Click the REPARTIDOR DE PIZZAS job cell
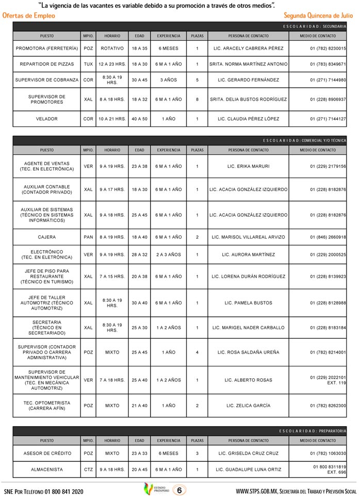47,65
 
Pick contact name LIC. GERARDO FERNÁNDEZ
248,81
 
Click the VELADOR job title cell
47,119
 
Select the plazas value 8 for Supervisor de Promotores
197,99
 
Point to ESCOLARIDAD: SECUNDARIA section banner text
315,26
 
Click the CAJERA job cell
47,237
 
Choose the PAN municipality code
88,237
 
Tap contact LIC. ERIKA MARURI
248,166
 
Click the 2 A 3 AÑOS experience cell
169,254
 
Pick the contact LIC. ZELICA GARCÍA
248,406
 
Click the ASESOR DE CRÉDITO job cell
47,453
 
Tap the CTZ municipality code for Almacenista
88,470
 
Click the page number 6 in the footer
178,490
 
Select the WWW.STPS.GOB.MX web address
257,491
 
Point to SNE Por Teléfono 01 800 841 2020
43,491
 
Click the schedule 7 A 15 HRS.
112,277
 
